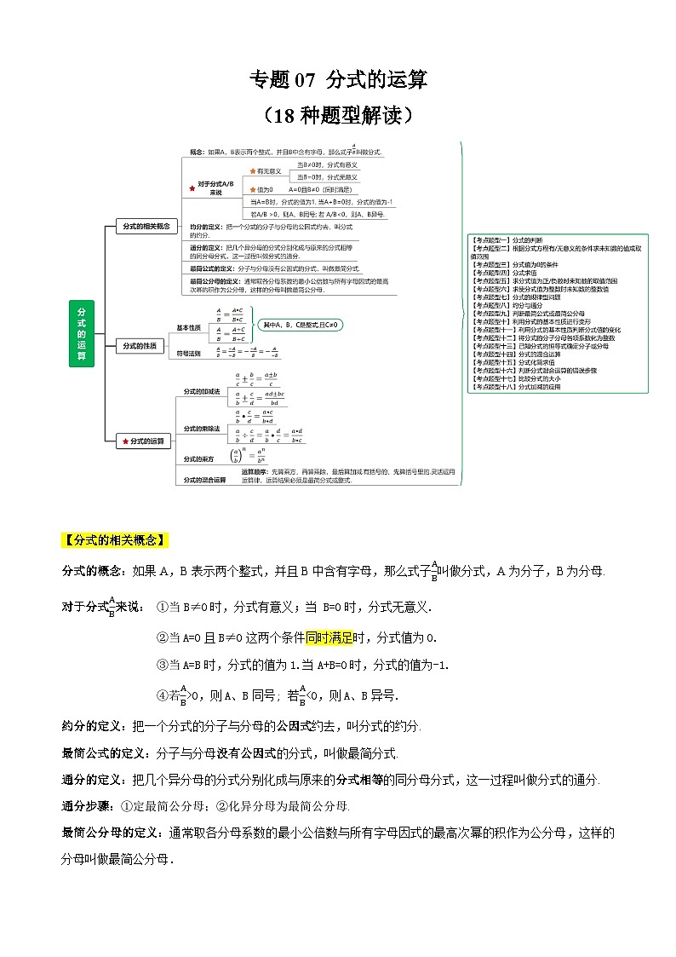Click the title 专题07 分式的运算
click(337, 80)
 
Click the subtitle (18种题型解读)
click(338, 114)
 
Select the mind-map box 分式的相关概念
click(146, 227)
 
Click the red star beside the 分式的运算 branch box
click(126, 441)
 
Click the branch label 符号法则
click(189, 351)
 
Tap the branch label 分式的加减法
click(201, 390)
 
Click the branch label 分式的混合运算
click(204, 480)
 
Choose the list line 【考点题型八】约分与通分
click(509, 304)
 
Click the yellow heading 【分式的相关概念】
click(116, 540)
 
